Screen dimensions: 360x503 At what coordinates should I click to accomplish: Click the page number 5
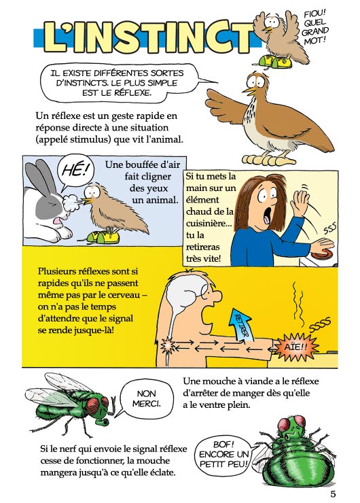click(x=333, y=494)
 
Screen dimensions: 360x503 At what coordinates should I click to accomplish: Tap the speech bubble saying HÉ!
click(x=74, y=171)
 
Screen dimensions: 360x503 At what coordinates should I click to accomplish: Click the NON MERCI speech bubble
click(x=146, y=399)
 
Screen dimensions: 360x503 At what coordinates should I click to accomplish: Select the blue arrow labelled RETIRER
click(x=240, y=325)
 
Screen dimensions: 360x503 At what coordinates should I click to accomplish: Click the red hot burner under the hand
click(x=323, y=255)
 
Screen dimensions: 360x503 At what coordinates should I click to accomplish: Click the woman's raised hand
click(x=300, y=201)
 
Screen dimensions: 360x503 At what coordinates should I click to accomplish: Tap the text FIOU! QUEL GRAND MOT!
click(x=314, y=27)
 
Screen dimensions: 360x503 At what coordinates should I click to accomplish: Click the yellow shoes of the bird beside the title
click(x=275, y=61)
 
